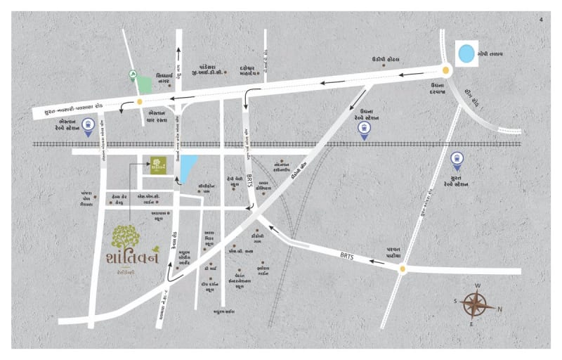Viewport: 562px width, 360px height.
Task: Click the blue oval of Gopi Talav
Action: (466, 53)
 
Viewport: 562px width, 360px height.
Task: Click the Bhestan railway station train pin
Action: (89, 127)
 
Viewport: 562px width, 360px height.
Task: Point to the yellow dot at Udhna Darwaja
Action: (445, 70)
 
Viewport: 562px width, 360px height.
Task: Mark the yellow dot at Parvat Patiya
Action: (403, 268)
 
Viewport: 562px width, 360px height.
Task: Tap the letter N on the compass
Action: (500, 309)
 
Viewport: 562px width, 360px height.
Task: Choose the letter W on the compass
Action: (478, 286)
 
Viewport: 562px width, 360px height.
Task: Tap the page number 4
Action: (540, 19)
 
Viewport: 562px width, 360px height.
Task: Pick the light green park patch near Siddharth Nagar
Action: (143, 82)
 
